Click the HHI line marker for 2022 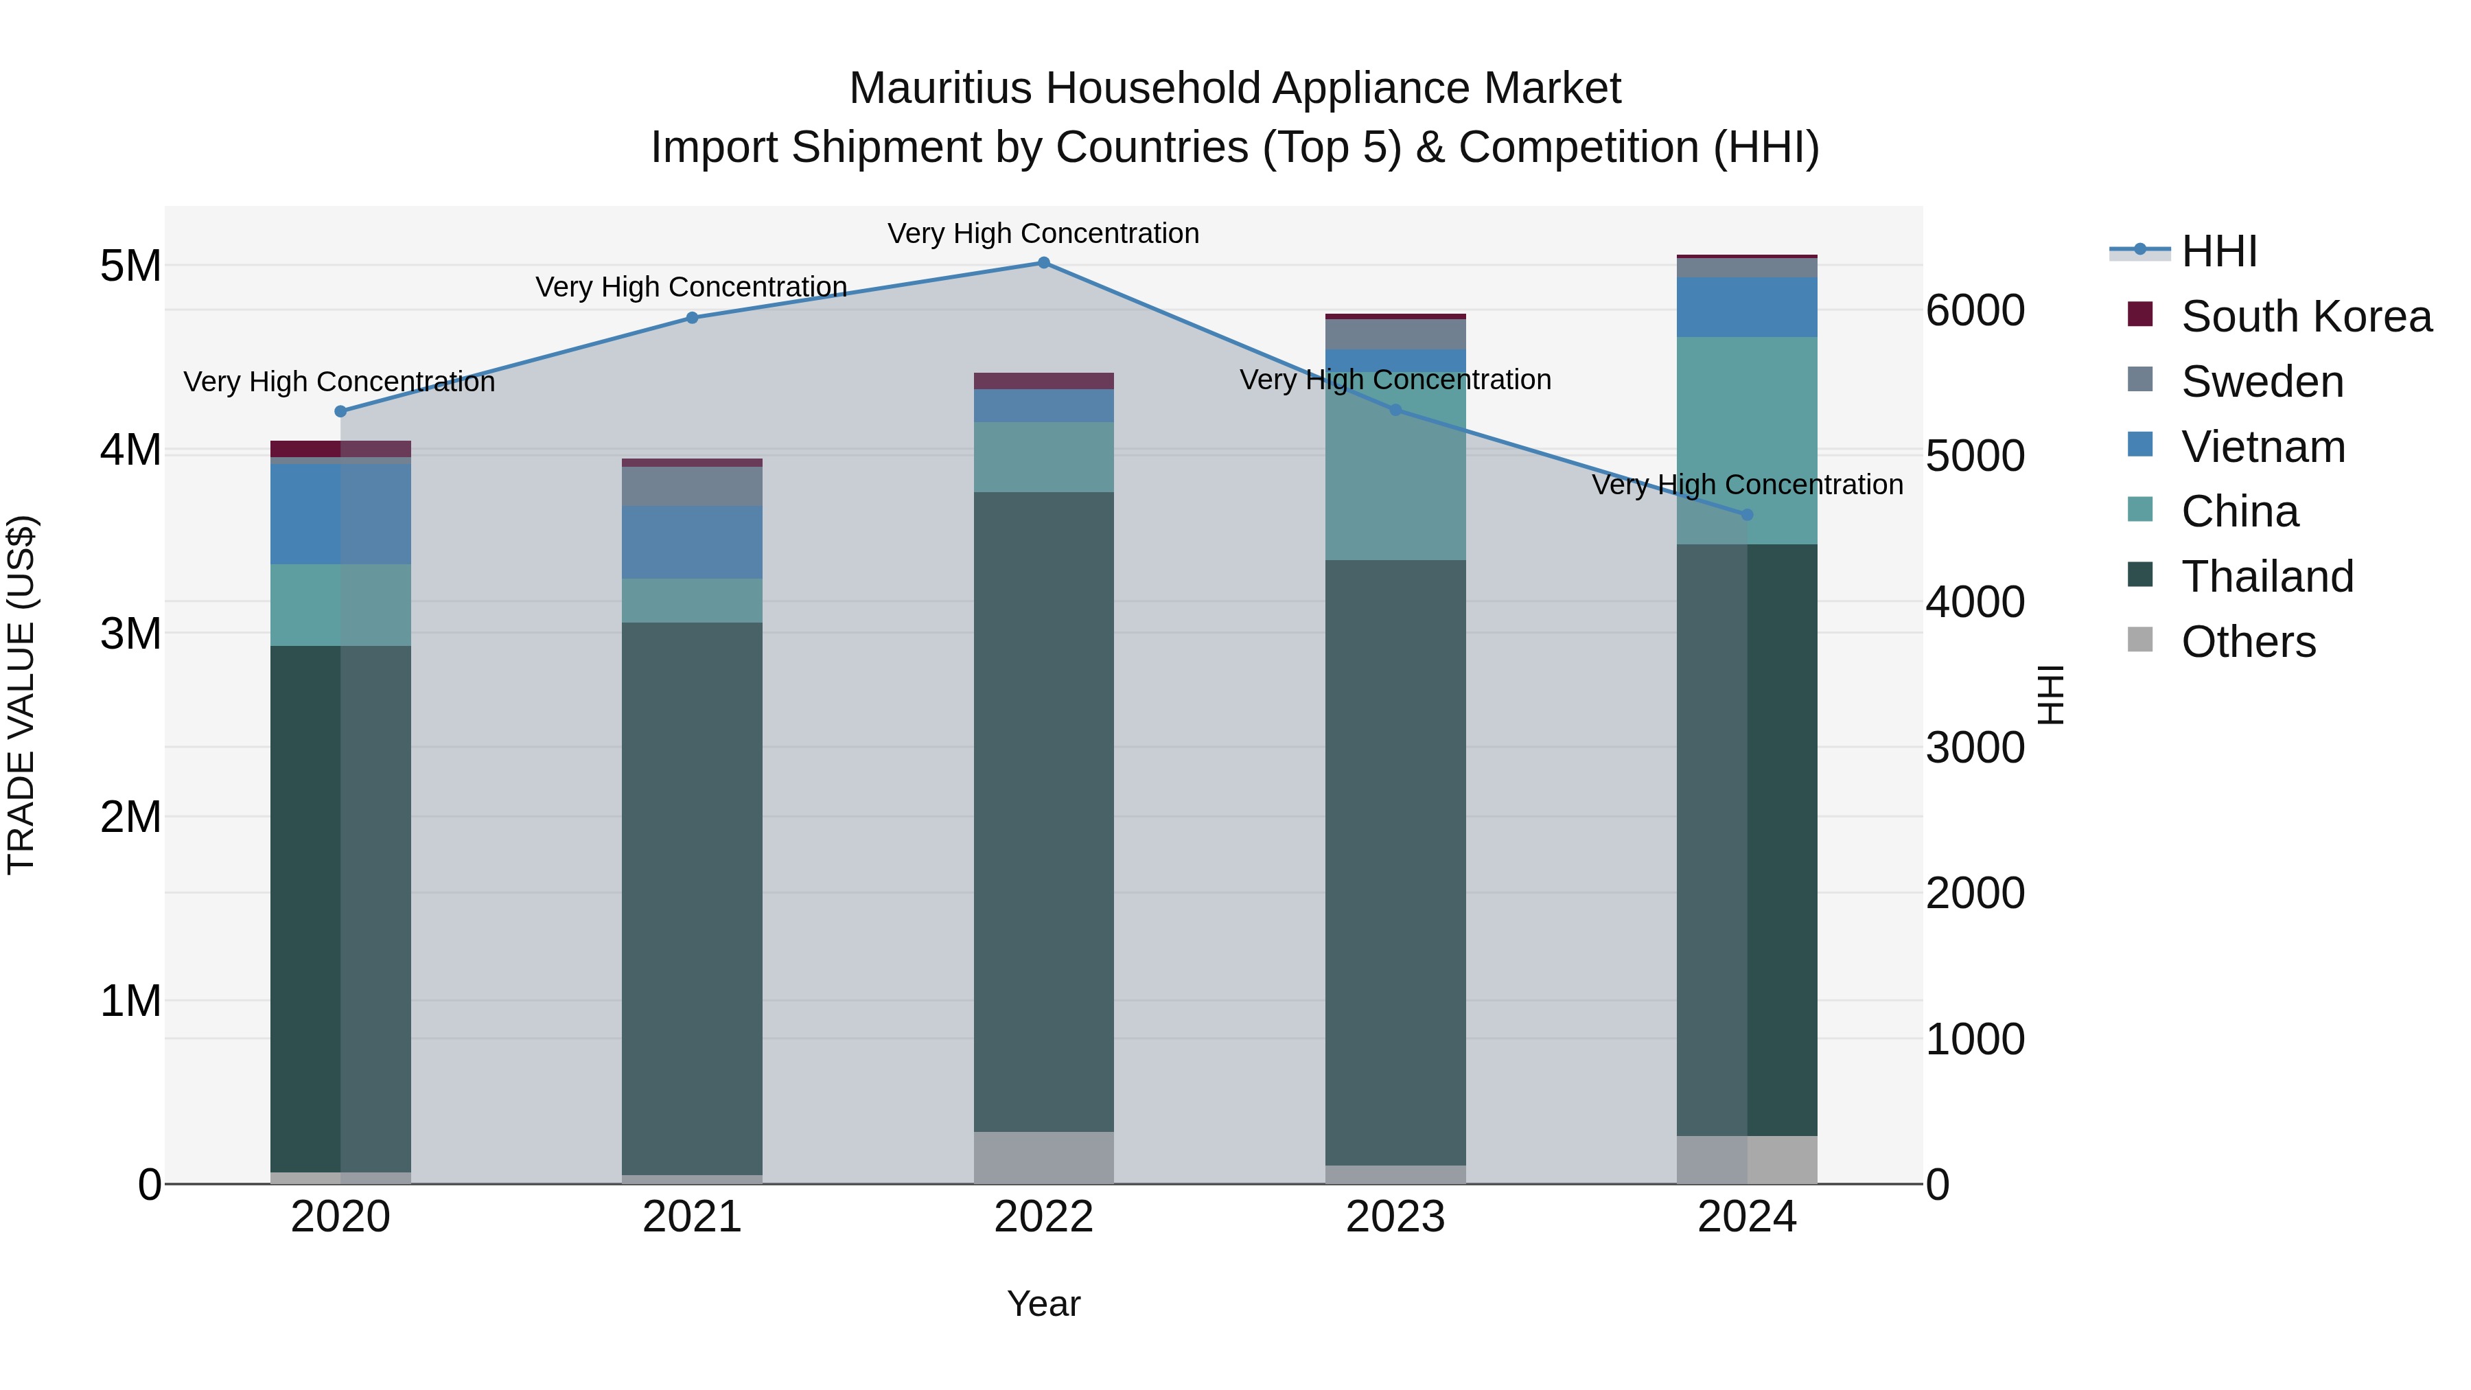tap(1043, 262)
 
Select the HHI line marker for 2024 tap(1747, 515)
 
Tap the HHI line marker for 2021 tap(692, 318)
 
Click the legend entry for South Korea tap(2306, 316)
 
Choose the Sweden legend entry tap(2262, 382)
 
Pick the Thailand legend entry tap(2266, 577)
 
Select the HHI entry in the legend tap(2218, 251)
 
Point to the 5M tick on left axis tap(130, 266)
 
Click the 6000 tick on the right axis tap(1975, 311)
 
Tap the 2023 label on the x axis tap(1395, 1217)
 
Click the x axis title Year tap(1043, 1304)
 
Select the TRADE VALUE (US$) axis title tap(21, 695)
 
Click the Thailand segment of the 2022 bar tap(1043, 811)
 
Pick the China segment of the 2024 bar tap(1747, 440)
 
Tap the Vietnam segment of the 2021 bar tap(692, 542)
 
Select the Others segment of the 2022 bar tap(1043, 1158)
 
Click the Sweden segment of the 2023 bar tap(1395, 334)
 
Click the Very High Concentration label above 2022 tap(1043, 233)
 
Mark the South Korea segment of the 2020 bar tap(340, 448)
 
